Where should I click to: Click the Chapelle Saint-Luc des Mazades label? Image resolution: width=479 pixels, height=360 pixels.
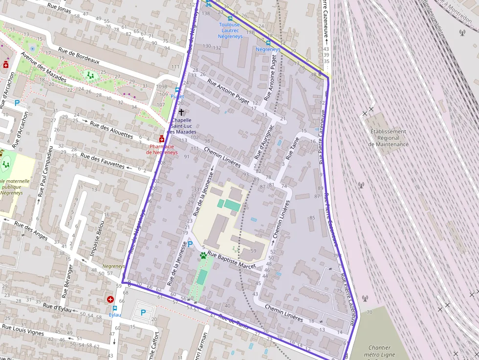181,126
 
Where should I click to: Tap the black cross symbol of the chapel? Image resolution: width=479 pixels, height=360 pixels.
181,112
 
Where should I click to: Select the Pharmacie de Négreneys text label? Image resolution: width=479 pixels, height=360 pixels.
163,149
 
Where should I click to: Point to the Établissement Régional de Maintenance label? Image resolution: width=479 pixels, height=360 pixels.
389,138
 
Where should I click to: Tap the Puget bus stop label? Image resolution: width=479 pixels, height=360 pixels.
177,96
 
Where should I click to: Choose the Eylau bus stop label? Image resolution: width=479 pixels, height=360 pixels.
115,315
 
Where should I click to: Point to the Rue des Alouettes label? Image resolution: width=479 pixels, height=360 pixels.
111,128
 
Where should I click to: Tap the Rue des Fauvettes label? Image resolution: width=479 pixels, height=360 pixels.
102,161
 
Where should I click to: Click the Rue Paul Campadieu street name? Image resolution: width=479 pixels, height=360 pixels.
44,170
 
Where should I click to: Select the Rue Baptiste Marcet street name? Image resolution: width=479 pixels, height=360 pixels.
232,259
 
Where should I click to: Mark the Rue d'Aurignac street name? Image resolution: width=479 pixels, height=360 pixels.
262,145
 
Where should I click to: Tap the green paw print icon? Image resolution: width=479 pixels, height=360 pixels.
203,255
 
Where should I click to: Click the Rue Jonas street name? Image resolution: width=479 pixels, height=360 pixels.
60,9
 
